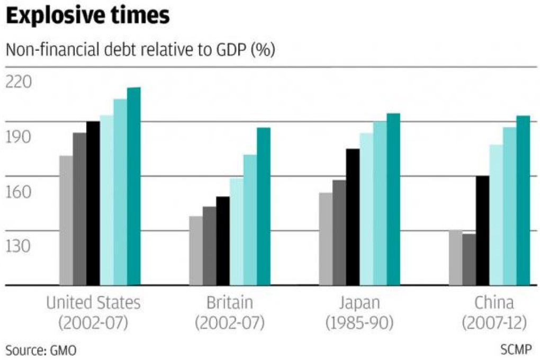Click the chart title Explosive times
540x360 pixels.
pos(88,15)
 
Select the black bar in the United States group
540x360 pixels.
pos(93,203)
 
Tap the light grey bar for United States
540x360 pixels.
pos(66,220)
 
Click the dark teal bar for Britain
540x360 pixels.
pos(264,206)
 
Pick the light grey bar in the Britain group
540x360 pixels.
pos(196,250)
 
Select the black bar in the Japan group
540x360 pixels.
pos(353,217)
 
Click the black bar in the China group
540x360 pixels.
pos(482,230)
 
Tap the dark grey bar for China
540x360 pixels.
pos(469,259)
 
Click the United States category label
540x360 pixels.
pos(94,303)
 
